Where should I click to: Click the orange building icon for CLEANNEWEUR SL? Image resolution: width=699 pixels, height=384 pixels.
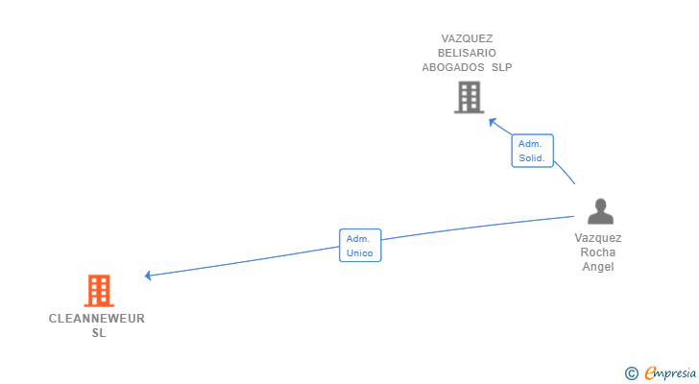click(x=98, y=290)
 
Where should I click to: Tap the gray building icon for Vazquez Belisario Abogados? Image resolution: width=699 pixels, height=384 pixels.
click(x=468, y=97)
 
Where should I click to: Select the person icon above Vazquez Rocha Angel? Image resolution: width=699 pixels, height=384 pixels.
click(x=600, y=211)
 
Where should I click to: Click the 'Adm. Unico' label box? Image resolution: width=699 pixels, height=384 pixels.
click(x=359, y=246)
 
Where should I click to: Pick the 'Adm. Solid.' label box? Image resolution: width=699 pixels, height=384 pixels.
click(x=532, y=151)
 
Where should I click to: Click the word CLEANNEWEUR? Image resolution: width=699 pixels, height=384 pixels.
click(x=97, y=319)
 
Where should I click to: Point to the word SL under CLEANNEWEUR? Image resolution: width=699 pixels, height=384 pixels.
click(x=99, y=333)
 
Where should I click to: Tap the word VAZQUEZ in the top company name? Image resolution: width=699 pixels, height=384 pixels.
click(x=468, y=39)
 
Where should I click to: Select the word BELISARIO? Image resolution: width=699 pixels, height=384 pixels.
click(x=468, y=54)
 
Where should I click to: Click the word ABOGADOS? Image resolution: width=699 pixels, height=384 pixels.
click(x=453, y=68)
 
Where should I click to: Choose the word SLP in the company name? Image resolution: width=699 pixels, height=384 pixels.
click(x=502, y=68)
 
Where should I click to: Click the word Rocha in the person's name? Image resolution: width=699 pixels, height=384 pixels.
click(x=598, y=252)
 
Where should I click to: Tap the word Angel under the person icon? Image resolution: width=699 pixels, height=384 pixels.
click(x=598, y=267)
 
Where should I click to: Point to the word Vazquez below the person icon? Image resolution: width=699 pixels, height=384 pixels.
click(x=598, y=238)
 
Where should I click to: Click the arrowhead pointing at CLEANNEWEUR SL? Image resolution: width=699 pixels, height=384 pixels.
click(x=148, y=276)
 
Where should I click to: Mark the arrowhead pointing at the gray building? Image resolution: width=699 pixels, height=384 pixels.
click(x=492, y=121)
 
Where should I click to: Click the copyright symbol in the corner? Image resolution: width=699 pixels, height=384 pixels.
click(x=631, y=373)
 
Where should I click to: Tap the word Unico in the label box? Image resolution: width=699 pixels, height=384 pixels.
click(x=359, y=253)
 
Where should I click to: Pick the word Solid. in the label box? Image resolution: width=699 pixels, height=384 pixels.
click(x=532, y=158)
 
